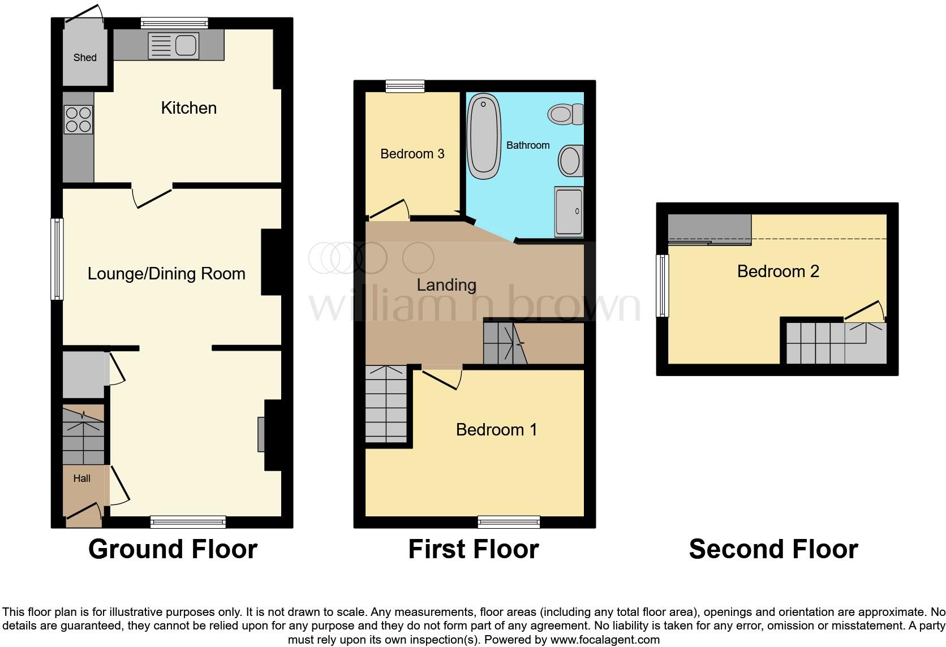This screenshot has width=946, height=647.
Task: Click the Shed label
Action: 85,58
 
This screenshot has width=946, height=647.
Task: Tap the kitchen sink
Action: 173,45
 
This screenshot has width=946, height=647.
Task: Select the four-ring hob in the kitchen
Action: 78,120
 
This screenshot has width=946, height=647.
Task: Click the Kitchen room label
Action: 188,108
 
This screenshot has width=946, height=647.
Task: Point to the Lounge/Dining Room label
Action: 166,274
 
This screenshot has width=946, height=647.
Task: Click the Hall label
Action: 81,478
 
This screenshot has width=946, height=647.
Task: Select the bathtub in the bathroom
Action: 484,136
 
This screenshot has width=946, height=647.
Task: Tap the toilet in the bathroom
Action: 565,114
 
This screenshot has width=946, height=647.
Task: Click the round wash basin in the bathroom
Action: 570,161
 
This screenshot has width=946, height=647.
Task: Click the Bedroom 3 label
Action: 412,154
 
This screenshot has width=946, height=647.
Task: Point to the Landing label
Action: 446,285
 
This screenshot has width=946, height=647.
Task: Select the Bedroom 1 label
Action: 496,430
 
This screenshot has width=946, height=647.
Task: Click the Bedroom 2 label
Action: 778,271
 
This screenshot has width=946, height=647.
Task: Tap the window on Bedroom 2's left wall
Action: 662,286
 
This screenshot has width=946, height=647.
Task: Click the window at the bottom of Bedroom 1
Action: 509,522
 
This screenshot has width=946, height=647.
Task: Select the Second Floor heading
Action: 773,549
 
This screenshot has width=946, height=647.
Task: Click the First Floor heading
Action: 473,549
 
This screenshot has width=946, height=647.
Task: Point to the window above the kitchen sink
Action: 174,23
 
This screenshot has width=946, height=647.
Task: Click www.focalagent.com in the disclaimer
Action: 605,640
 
